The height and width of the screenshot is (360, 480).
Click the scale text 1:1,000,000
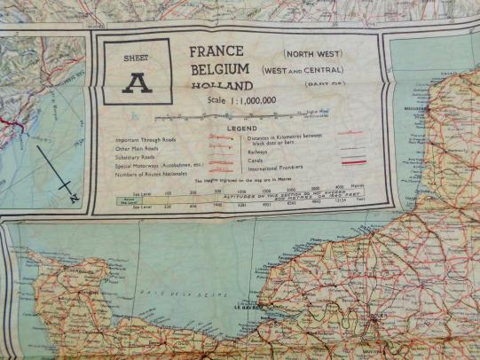point(254,101)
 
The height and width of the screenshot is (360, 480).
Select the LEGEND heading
point(242,129)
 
